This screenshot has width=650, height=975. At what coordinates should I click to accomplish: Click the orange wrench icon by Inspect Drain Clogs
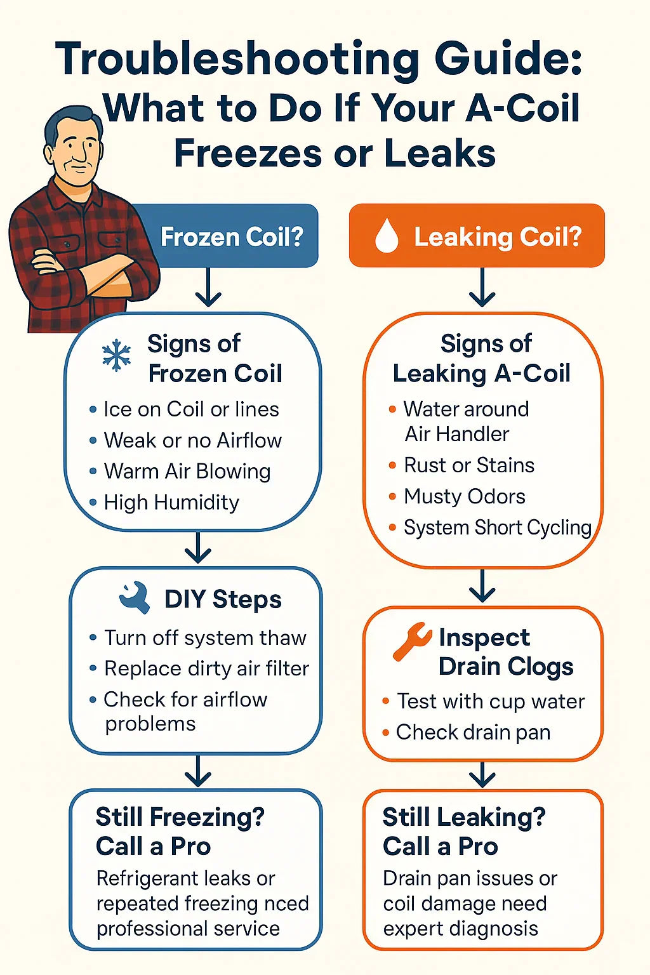[412, 642]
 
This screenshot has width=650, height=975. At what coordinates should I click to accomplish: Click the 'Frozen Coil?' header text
[232, 237]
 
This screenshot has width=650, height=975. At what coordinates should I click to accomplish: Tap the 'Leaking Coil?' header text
[498, 237]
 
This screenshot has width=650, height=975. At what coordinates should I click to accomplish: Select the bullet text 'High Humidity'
[171, 502]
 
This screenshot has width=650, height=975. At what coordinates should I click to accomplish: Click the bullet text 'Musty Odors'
[465, 496]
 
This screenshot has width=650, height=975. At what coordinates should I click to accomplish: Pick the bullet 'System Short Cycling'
[498, 527]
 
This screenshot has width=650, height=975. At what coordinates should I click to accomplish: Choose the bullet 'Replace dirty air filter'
[207, 668]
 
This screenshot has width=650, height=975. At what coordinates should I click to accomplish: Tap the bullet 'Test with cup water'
[491, 701]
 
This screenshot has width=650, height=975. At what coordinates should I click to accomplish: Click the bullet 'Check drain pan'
[474, 732]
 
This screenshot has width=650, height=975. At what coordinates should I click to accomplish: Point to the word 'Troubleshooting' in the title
[237, 60]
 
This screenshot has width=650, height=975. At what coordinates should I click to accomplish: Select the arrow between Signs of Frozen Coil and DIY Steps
[198, 548]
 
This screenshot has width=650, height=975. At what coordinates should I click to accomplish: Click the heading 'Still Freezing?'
[180, 817]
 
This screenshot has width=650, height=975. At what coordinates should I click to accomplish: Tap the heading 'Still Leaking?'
[464, 817]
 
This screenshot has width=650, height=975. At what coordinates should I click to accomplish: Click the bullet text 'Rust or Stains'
[469, 465]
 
